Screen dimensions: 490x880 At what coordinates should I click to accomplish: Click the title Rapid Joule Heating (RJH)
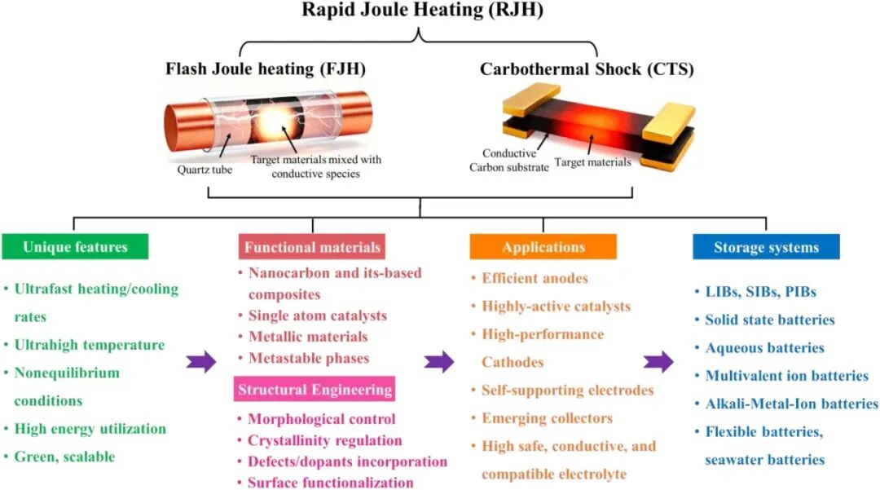point(422,11)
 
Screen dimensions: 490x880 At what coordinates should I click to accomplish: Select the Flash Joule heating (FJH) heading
point(266,69)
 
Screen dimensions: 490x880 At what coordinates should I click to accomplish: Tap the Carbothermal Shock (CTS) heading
point(587,69)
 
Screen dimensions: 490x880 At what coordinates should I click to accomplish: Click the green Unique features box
point(75,247)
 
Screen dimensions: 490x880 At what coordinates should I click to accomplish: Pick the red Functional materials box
point(311,247)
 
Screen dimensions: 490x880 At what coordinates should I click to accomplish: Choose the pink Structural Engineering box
point(315,390)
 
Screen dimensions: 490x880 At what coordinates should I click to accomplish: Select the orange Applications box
point(543,247)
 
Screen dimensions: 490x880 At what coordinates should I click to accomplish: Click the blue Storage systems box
point(765,247)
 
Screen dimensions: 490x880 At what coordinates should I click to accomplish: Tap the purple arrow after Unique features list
point(202,360)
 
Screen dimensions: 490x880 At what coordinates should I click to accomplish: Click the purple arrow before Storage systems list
point(658,360)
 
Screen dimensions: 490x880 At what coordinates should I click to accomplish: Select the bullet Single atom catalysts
point(318,316)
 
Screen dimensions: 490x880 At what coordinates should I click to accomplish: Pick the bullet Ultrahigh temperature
point(90,345)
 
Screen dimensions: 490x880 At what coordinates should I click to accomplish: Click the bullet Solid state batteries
point(770,320)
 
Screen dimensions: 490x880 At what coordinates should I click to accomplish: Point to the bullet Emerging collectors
point(547,418)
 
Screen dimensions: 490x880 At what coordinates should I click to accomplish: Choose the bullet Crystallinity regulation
point(325,440)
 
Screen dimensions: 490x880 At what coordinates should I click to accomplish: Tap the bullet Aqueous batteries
point(764,348)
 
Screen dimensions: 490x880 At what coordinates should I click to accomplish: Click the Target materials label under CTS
point(592,162)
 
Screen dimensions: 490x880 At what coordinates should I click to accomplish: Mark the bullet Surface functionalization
point(331,482)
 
